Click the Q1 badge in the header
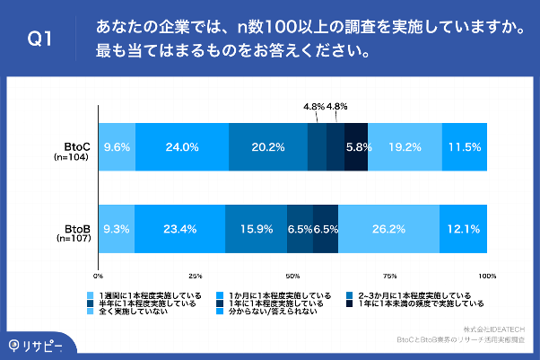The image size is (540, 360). (39, 39)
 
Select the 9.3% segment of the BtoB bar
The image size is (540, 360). (117, 229)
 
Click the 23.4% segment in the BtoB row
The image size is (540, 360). (179, 229)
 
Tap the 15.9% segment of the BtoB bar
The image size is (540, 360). (256, 229)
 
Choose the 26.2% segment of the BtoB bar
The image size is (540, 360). (388, 229)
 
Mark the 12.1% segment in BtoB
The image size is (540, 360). (464, 229)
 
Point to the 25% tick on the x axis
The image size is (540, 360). (196, 276)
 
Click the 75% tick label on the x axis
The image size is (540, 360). (390, 276)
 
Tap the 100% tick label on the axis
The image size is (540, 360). (486, 276)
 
